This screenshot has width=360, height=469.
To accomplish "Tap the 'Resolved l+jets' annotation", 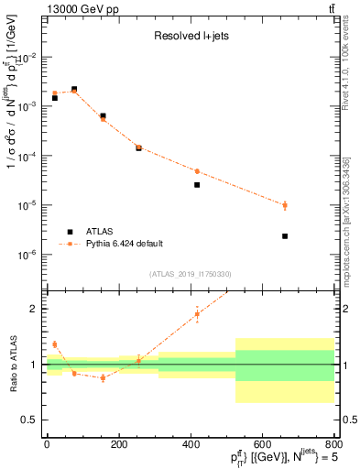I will pos(191,38).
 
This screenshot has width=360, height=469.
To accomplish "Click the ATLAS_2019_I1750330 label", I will pos(191,273).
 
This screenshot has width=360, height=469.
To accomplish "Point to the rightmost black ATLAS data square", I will pos(285,236).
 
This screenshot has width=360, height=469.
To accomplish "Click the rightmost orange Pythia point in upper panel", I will pos(285,205).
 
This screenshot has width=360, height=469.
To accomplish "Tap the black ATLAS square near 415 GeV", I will pos(197,185).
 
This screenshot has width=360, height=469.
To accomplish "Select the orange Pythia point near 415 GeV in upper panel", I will pos(197,171).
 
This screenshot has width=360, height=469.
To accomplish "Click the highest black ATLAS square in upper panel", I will pos(74,89).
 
